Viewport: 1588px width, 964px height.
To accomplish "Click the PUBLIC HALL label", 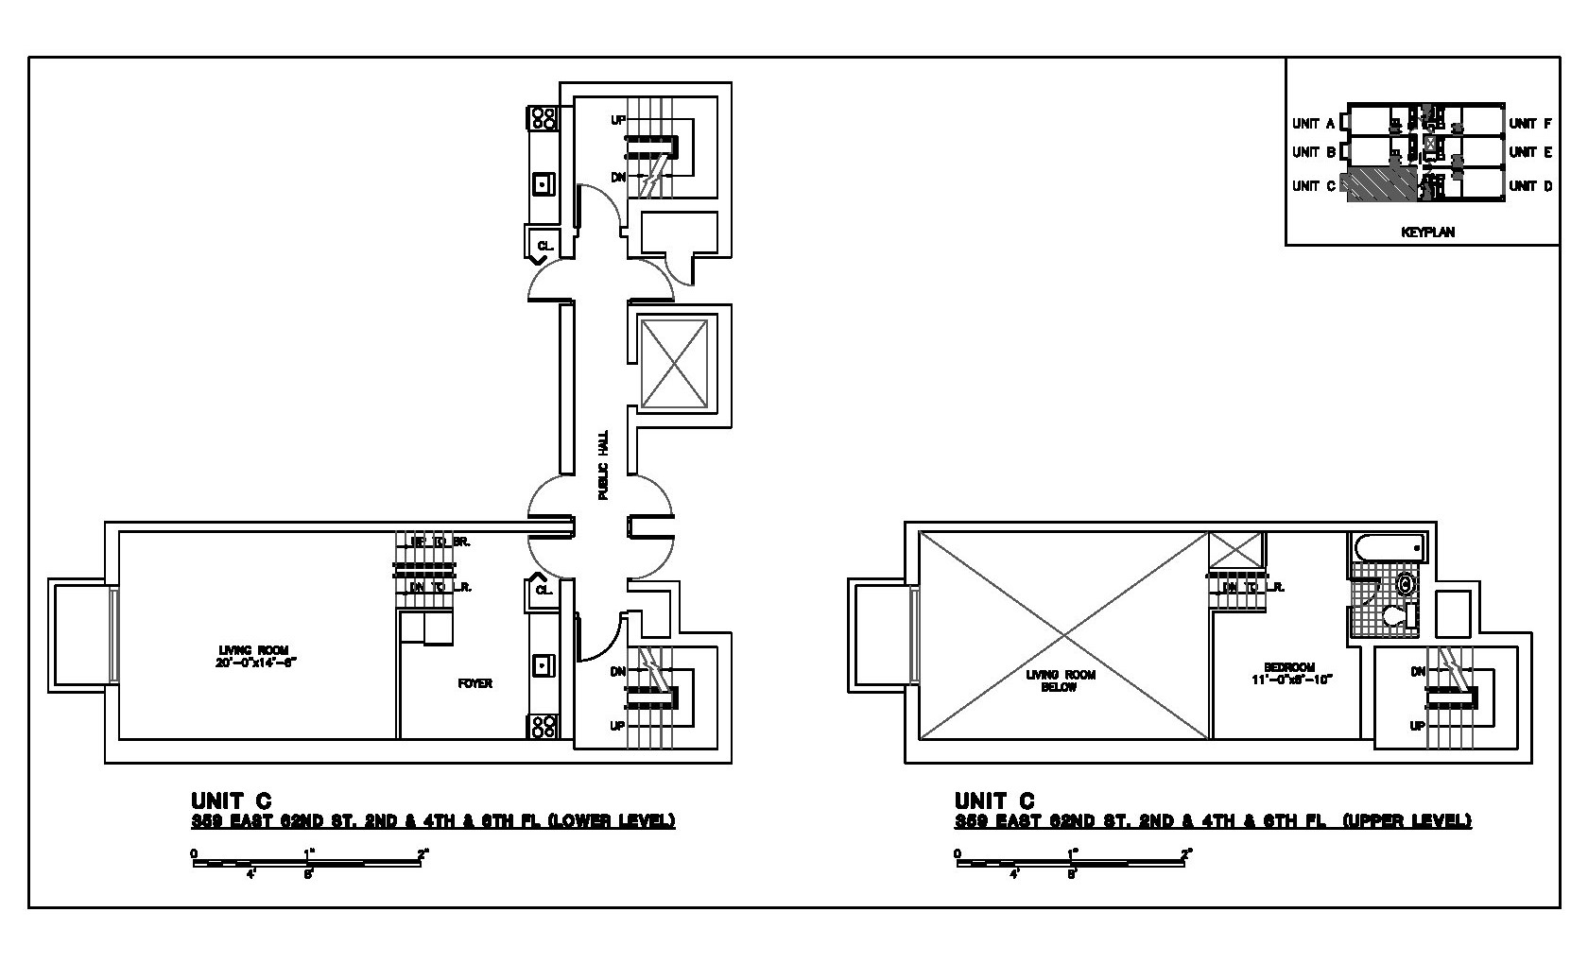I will pyautogui.click(x=603, y=465).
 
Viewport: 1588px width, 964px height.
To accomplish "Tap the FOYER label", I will pyautogui.click(x=475, y=683).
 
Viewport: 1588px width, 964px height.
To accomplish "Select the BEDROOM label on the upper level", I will pyautogui.click(x=1289, y=667).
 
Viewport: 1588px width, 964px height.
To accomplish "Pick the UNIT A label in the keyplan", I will pyautogui.click(x=1313, y=124).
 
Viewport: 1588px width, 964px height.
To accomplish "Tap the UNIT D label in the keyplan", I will pyautogui.click(x=1530, y=186).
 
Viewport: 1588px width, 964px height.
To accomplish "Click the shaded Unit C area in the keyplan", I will pyautogui.click(x=1380, y=185).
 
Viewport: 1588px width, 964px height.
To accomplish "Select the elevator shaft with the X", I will pyautogui.click(x=674, y=364).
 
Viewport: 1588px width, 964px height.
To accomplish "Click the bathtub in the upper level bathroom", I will pyautogui.click(x=1388, y=546).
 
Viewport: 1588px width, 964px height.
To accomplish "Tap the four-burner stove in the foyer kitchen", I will pyautogui.click(x=543, y=725).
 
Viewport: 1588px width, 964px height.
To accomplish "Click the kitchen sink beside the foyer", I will pyautogui.click(x=543, y=664).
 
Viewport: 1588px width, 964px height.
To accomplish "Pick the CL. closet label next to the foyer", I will pyautogui.click(x=544, y=590).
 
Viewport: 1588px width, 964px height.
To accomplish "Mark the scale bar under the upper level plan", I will pyautogui.click(x=1073, y=862).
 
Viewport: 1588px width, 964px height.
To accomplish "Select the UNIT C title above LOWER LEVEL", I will pyautogui.click(x=231, y=801).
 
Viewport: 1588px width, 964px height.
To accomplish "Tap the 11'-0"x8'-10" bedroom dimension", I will pyautogui.click(x=1289, y=680).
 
